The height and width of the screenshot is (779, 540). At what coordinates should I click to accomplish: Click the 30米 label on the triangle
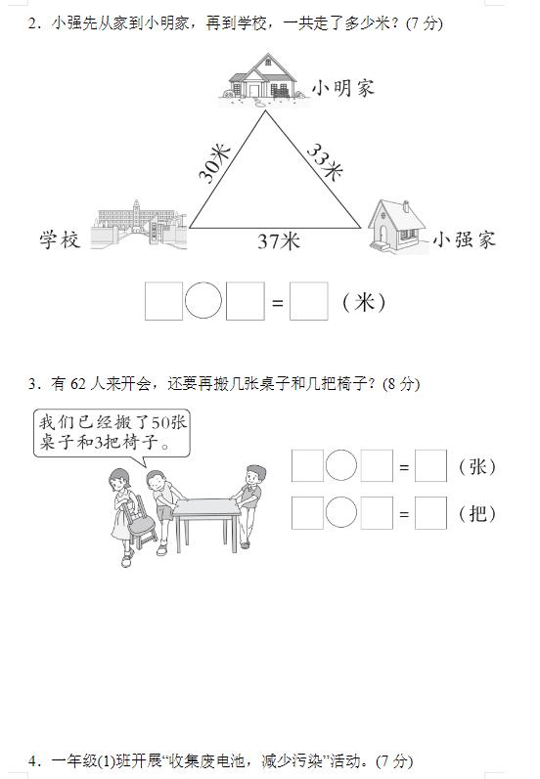click(215, 163)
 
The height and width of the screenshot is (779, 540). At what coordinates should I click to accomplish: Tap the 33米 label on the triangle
click(325, 161)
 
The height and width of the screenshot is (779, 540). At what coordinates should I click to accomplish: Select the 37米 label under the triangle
click(279, 241)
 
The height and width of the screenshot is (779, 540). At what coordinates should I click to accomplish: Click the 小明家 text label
click(343, 88)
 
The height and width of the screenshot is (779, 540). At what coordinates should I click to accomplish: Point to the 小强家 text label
click(465, 239)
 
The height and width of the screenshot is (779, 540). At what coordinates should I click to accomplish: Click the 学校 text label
click(60, 239)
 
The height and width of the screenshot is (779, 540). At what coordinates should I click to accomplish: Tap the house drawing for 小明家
click(264, 79)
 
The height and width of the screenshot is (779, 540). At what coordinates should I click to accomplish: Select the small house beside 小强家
click(397, 227)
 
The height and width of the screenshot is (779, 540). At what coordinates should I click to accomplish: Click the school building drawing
click(139, 225)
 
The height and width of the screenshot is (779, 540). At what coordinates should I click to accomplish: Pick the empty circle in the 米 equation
click(202, 301)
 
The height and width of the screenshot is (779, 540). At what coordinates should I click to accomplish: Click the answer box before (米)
click(309, 301)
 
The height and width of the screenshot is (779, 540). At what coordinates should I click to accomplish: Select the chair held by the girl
click(139, 522)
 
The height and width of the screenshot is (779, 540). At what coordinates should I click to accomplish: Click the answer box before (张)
click(430, 466)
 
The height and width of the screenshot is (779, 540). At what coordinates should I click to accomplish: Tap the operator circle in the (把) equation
click(341, 512)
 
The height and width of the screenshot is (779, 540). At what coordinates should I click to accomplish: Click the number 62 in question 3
click(78, 384)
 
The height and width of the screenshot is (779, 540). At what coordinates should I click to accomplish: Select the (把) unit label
click(477, 513)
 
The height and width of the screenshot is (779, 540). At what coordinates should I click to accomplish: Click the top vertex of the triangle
click(265, 110)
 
